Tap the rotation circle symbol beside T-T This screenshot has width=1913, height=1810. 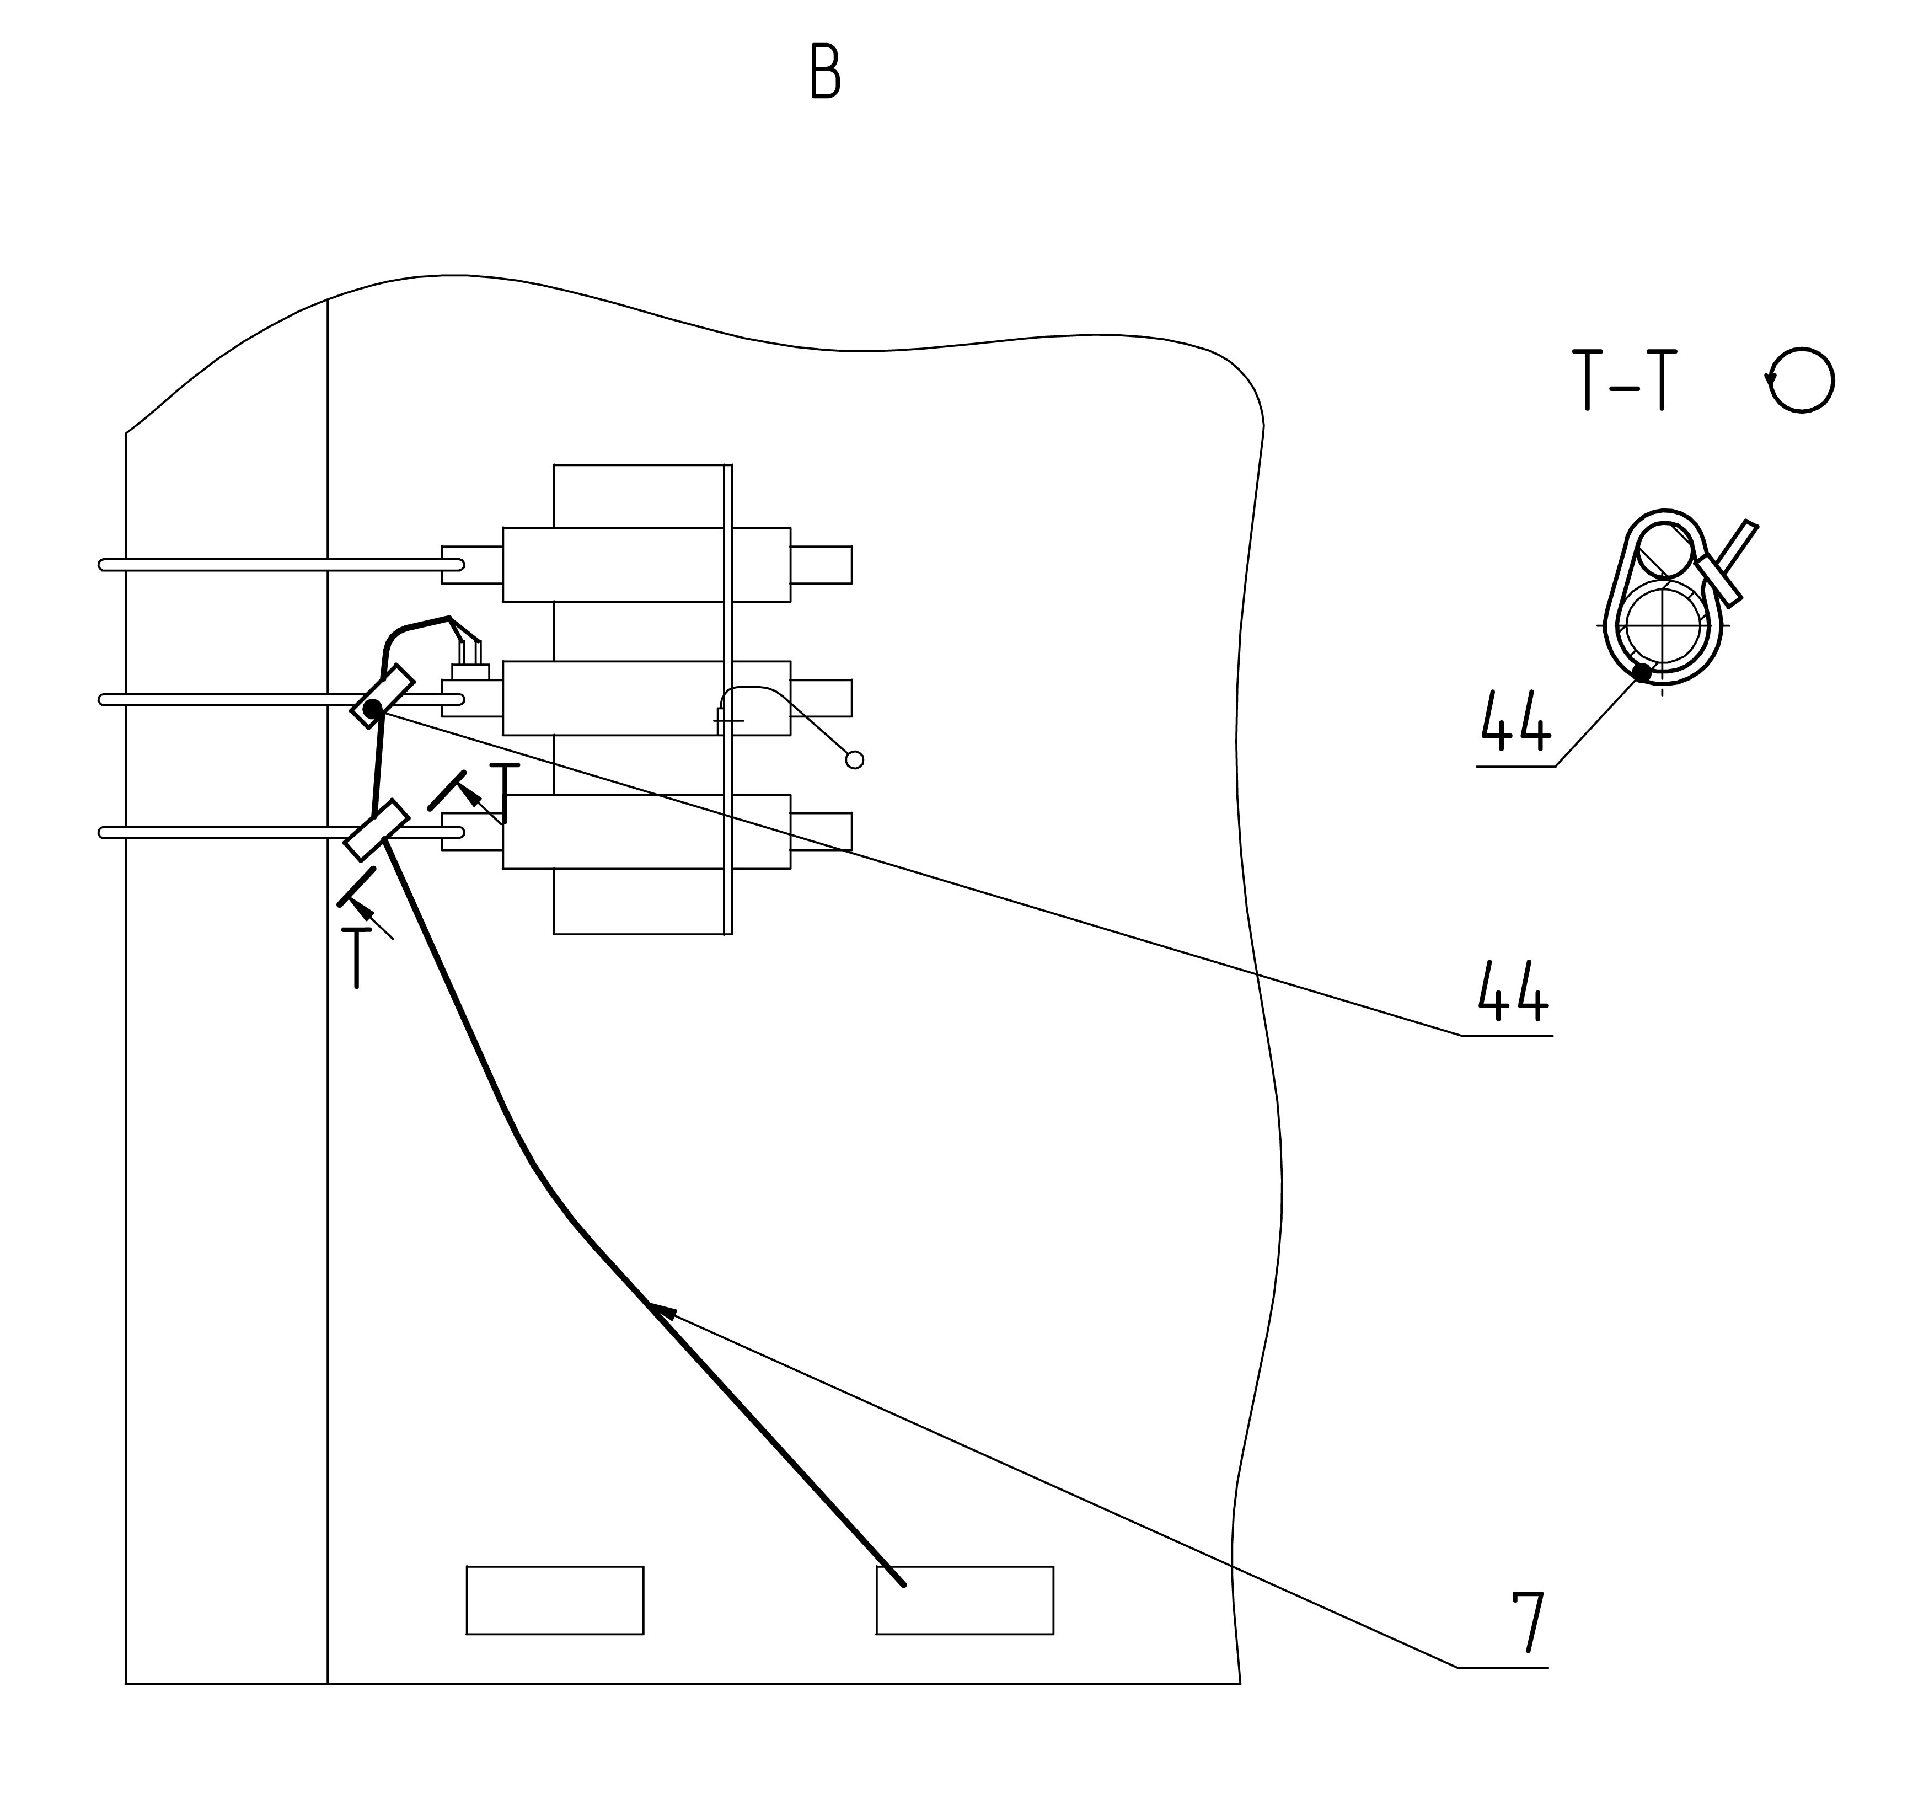pos(1800,380)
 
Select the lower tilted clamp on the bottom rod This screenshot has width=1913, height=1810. pos(376,830)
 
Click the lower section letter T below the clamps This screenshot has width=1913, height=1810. pos(356,957)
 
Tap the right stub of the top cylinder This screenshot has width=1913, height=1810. pos(821,564)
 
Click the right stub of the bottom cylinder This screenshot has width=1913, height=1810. pos(821,832)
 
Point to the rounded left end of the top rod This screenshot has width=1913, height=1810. pos(103,564)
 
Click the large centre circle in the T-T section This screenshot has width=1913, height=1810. pos(1662,625)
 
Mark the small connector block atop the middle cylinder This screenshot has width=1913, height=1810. pos(471,672)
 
